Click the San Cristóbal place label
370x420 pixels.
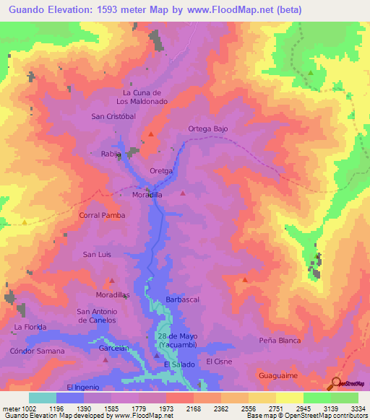coord(113,116)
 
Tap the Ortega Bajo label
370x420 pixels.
coord(208,128)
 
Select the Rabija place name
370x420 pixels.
coord(111,154)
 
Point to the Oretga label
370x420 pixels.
coord(161,170)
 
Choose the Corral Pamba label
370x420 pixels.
coord(102,215)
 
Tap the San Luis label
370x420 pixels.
coord(97,254)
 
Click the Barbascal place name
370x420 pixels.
coord(182,298)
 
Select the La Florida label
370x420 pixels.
coord(30,327)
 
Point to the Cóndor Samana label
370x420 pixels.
coord(37,351)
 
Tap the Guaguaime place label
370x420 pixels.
coord(278,376)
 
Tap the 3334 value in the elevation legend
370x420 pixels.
coord(357,409)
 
